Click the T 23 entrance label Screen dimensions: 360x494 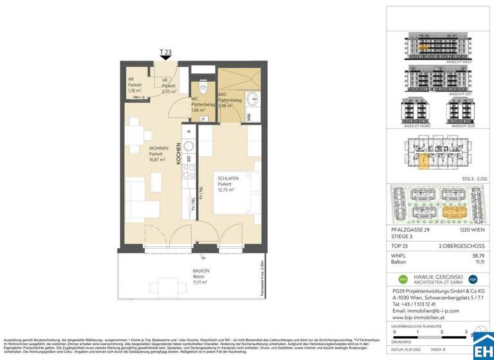point(165,51)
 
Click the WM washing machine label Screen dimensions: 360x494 point(248,116)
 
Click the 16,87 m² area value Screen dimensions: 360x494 point(140,159)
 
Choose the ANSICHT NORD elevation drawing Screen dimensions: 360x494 point(413,112)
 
